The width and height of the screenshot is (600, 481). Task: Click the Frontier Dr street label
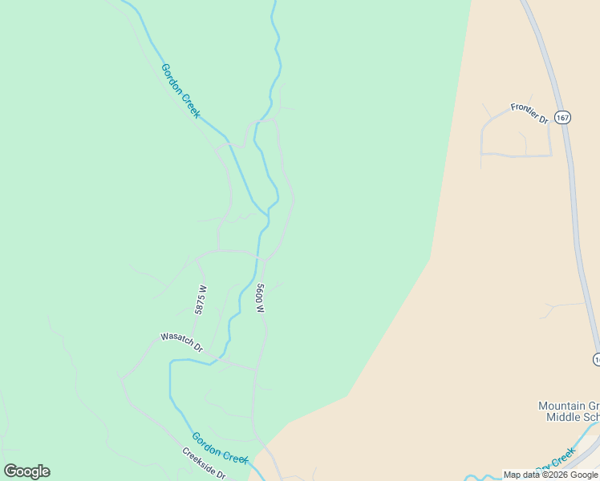pyautogui.click(x=529, y=113)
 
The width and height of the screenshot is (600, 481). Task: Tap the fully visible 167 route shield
pyautogui.click(x=562, y=117)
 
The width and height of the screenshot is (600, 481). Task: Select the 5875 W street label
pyautogui.click(x=201, y=300)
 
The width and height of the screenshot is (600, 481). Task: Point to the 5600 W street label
pyautogui.click(x=260, y=297)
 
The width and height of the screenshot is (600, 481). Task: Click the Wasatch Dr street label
pyautogui.click(x=181, y=342)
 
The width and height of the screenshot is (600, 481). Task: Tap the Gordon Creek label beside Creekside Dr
pyautogui.click(x=220, y=447)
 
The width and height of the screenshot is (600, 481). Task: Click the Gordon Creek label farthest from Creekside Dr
pyautogui.click(x=180, y=90)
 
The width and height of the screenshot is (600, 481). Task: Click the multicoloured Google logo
pyautogui.click(x=26, y=471)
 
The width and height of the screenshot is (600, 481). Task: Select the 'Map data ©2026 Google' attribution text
pyautogui.click(x=550, y=475)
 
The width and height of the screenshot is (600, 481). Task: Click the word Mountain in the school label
pyautogui.click(x=561, y=406)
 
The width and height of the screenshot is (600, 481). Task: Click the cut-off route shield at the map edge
pyautogui.click(x=597, y=359)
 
